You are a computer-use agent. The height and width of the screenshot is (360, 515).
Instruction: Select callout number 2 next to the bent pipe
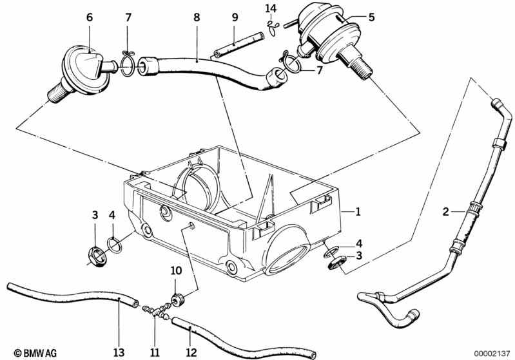click(x=445, y=211)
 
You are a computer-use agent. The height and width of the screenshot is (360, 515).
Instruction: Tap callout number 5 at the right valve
click(x=371, y=18)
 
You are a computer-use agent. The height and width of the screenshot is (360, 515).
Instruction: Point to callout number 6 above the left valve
click(x=90, y=18)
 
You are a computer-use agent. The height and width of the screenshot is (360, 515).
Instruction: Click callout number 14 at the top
click(x=271, y=8)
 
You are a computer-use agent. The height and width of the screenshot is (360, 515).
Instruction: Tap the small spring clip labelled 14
click(x=272, y=26)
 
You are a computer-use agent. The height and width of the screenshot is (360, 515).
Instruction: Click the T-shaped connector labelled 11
click(x=155, y=310)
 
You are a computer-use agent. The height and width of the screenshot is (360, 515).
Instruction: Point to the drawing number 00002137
click(x=491, y=353)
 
